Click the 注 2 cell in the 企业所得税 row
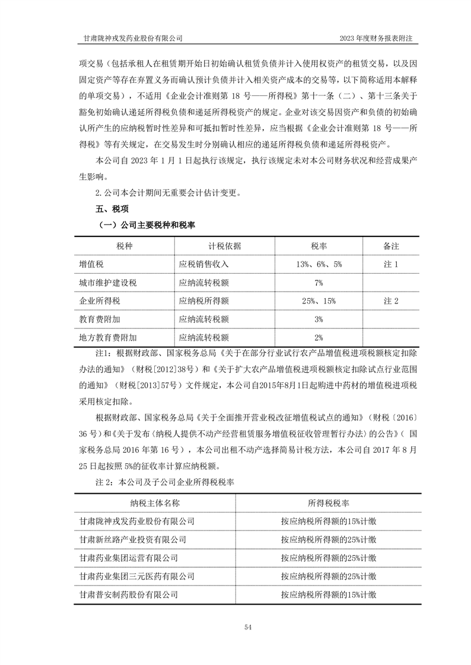391,301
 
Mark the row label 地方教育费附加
108,338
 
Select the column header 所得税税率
328,503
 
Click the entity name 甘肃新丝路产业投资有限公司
133,539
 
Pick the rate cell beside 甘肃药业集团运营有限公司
328,558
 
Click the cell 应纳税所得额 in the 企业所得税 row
204,301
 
